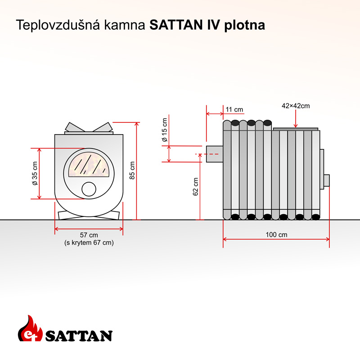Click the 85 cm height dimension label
click(132, 171)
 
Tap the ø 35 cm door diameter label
click(35, 173)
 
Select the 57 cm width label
click(89, 235)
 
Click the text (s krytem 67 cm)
click(89, 243)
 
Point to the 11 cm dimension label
click(234, 109)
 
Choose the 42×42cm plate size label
click(296, 106)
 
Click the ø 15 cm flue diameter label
click(165, 130)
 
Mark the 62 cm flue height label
click(195, 187)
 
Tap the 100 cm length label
click(276, 234)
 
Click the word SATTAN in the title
click(176, 25)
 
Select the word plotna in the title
click(244, 25)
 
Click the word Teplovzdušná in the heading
click(58, 25)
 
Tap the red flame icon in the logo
click(30, 328)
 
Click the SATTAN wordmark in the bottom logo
click(79, 336)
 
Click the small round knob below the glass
click(89, 189)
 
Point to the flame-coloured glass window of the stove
click(89, 164)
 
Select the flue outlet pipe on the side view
click(215, 154)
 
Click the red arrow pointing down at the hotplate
click(296, 119)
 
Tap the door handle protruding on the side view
click(327, 180)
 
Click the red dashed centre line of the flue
click(207, 154)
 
